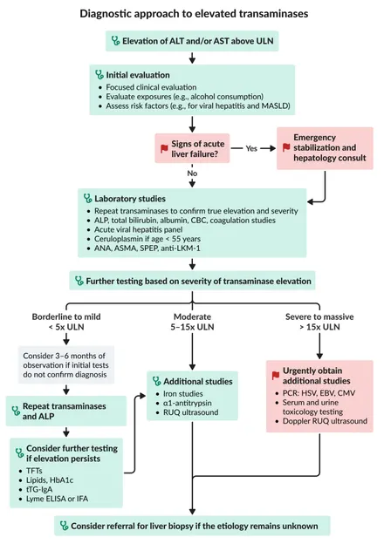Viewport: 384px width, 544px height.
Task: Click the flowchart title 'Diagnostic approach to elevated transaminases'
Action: [x=194, y=14]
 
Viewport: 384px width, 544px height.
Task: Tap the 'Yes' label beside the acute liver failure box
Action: [x=251, y=148]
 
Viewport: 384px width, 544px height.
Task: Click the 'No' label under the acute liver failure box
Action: [x=192, y=173]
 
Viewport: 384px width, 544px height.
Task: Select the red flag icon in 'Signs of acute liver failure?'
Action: [x=164, y=149]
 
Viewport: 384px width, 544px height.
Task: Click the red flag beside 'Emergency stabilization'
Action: [x=286, y=147]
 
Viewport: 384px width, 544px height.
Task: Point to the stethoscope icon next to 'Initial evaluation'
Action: [x=99, y=75]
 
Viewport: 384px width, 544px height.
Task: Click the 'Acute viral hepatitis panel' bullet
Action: [x=138, y=229]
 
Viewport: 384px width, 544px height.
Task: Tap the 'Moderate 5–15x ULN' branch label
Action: [x=192, y=322]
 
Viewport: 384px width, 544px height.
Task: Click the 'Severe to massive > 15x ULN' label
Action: [x=319, y=322]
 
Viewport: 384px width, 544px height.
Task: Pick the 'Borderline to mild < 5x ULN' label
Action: [x=66, y=322]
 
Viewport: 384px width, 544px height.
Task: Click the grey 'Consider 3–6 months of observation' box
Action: [x=66, y=365]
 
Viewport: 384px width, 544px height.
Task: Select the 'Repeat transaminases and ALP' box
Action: [x=66, y=411]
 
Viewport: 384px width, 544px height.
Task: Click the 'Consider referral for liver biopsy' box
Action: [x=192, y=526]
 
